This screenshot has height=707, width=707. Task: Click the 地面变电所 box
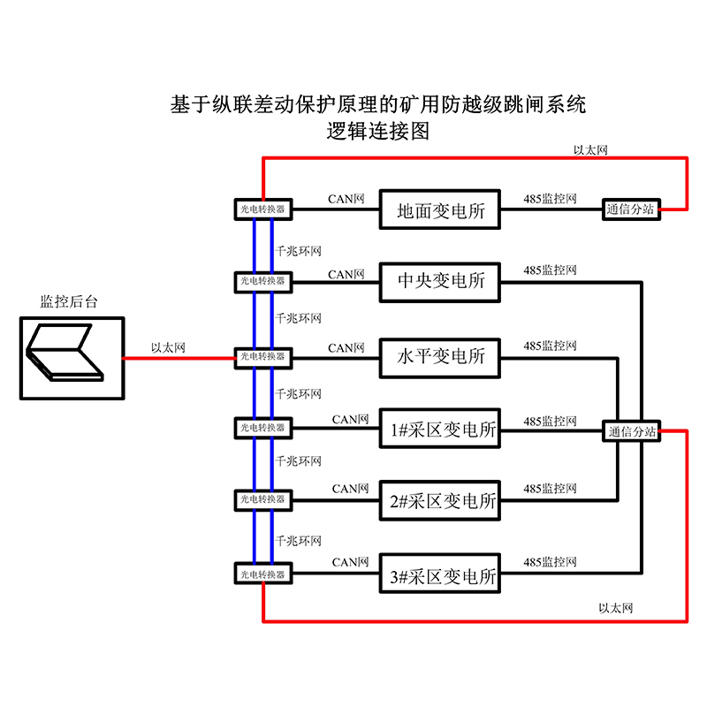[x=439, y=210]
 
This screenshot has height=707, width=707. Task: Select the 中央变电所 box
[x=439, y=282]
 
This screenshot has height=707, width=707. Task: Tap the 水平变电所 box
[x=439, y=357]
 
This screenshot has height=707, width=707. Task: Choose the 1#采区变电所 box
[x=439, y=430]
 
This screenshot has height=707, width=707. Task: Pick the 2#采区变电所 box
[x=439, y=501]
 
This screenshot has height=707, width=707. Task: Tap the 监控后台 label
[x=69, y=301]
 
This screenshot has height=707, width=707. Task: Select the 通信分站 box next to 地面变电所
[x=631, y=209]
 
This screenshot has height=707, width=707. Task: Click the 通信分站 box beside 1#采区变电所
[x=631, y=431]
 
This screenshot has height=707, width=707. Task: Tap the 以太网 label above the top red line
[x=590, y=150]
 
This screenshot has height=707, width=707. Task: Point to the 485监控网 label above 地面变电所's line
[x=550, y=199]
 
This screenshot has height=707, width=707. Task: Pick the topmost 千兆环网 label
[x=299, y=250]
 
